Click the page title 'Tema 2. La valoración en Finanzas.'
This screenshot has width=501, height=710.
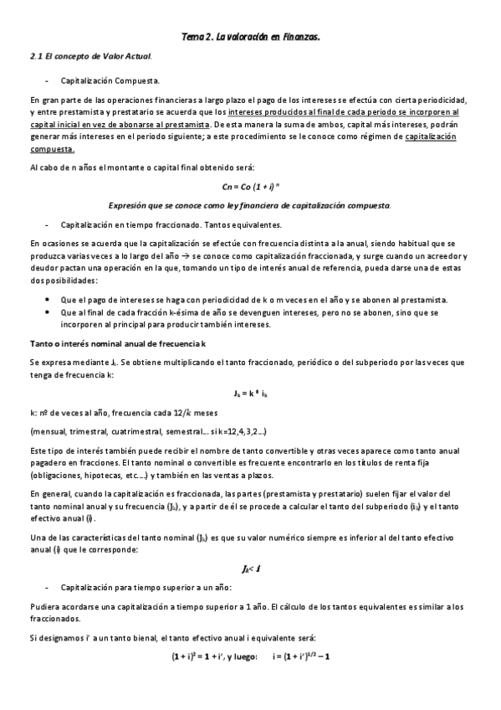click(x=250, y=37)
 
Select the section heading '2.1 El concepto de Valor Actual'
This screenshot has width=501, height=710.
click(x=90, y=57)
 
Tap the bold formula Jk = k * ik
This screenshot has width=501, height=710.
click(x=250, y=393)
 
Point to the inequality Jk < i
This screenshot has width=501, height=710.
click(x=250, y=569)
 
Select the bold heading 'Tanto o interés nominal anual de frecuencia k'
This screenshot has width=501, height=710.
click(x=117, y=344)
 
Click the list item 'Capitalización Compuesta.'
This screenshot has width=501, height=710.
click(x=110, y=81)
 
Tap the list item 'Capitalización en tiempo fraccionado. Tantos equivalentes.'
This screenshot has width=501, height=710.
click(x=171, y=224)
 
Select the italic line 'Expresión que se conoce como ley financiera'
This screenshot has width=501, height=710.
click(x=250, y=205)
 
